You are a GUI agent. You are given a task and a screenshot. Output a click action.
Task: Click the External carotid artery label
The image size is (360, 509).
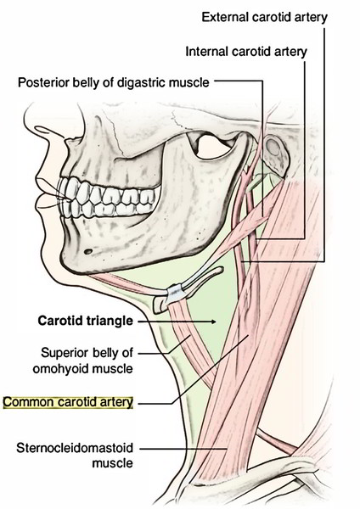264,17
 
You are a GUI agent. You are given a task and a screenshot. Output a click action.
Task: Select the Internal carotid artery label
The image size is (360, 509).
246,52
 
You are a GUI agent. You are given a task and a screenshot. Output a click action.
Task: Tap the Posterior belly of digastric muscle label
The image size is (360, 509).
114,82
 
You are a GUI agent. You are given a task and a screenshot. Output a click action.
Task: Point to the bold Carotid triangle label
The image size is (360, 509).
86,321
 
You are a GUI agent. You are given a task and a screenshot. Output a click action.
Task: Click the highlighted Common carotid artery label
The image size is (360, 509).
68,402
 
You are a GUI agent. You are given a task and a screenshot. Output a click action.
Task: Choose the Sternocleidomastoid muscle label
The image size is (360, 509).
75,456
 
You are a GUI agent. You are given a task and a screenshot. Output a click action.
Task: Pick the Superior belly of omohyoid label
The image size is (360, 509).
83,361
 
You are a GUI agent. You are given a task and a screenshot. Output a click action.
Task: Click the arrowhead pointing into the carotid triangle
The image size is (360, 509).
214,322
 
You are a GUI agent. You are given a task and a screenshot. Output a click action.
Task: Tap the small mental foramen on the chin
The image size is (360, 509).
87,251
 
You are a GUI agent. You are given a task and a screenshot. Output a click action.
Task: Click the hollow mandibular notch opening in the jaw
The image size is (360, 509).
213,147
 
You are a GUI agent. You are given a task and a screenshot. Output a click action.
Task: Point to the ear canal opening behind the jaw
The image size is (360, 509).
273,148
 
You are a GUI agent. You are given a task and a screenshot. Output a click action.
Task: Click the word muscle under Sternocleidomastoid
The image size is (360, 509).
112,463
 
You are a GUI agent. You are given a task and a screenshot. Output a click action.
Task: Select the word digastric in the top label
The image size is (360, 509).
142,83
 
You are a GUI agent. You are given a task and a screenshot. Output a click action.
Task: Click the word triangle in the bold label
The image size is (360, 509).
110,321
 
